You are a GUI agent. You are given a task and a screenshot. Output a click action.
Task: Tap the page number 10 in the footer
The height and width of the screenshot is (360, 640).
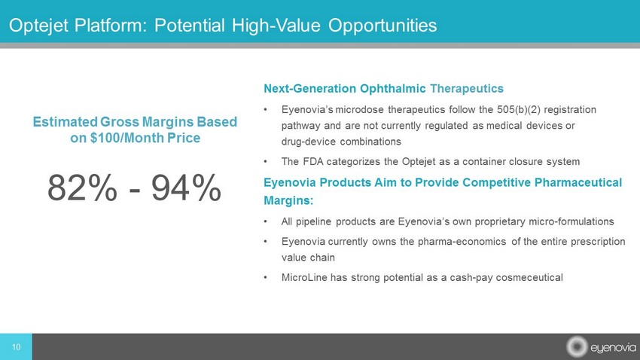click(x=16, y=347)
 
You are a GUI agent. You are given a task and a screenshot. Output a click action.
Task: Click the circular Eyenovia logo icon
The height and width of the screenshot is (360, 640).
click(x=577, y=347)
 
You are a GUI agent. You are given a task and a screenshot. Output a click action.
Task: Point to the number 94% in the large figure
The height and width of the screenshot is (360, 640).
click(x=187, y=188)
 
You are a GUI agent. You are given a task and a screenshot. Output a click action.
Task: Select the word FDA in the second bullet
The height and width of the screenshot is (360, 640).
click(x=313, y=162)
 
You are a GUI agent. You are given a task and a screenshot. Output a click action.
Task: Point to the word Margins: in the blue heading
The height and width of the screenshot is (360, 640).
click(x=288, y=200)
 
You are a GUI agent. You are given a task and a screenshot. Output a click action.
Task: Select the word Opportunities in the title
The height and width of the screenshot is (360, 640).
click(x=382, y=26)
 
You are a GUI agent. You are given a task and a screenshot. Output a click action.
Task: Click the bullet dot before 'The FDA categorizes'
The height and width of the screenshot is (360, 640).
click(x=265, y=162)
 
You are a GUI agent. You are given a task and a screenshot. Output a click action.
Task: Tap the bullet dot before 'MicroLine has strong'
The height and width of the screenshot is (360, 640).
click(x=265, y=278)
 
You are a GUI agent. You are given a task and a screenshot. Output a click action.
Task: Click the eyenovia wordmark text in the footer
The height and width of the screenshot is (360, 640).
click(x=613, y=348)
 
